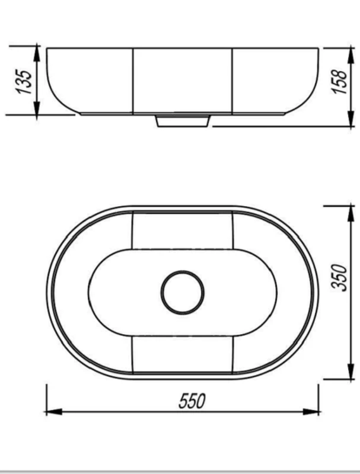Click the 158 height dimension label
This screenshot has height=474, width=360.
(x=339, y=82)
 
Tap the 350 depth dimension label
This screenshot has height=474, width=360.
(x=339, y=277)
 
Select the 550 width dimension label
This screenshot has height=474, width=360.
(x=192, y=401)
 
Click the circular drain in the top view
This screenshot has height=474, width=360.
(x=183, y=292)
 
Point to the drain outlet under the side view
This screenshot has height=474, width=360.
(x=183, y=121)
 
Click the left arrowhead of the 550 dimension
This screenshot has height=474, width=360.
(x=54, y=412)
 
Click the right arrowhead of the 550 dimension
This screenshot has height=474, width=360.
(x=311, y=412)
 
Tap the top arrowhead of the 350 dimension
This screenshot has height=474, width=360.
(x=351, y=214)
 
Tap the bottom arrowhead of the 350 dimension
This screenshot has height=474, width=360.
(x=351, y=371)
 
